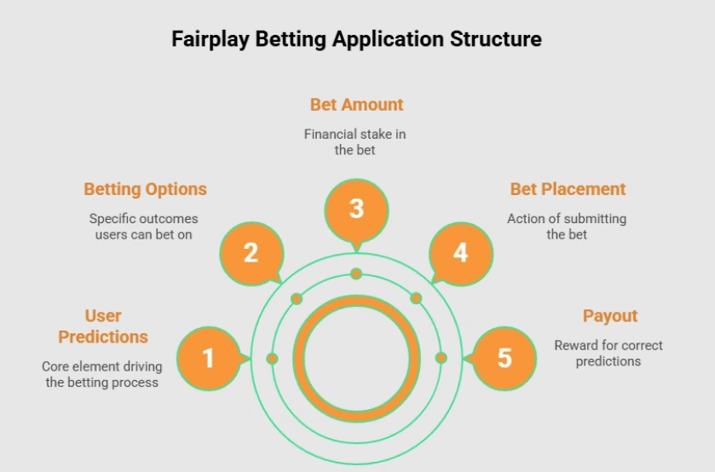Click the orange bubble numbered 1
pyautogui.click(x=208, y=359)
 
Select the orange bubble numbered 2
pyautogui.click(x=251, y=253)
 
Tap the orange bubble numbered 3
pyautogui.click(x=356, y=209)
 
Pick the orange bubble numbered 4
pyautogui.click(x=460, y=253)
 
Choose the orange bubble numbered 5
pyautogui.click(x=505, y=359)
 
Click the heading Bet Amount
pyautogui.click(x=356, y=105)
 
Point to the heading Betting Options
pyautogui.click(x=145, y=189)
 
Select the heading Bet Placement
pyautogui.click(x=568, y=189)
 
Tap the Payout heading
pyautogui.click(x=610, y=316)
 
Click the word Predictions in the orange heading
pyautogui.click(x=103, y=337)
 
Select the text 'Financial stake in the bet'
pyautogui.click(x=356, y=141)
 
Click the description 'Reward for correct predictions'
pyautogui.click(x=608, y=353)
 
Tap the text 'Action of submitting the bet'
pyautogui.click(x=567, y=226)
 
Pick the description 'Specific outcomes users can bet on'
pyautogui.click(x=144, y=226)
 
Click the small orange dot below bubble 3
pyautogui.click(x=356, y=273)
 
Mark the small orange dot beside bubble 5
pyautogui.click(x=441, y=358)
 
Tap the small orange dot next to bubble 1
pyautogui.click(x=272, y=359)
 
